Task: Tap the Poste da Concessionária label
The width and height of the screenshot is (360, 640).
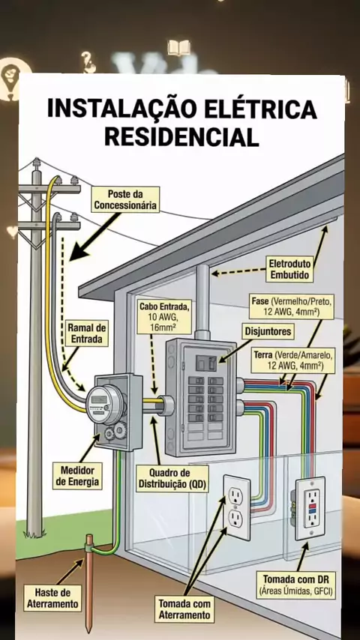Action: [125, 199]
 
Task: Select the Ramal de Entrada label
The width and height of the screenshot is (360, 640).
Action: [87, 333]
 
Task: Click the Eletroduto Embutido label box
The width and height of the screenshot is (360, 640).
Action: [290, 268]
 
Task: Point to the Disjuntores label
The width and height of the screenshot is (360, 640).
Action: [268, 331]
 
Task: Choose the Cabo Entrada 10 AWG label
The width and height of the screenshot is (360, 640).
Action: [165, 316]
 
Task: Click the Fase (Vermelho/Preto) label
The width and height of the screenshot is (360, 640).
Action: [292, 306]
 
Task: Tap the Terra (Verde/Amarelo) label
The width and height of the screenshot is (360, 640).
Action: [293, 360]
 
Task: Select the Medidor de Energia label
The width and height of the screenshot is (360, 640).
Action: [78, 476]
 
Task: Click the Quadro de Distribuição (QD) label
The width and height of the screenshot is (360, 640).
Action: [172, 479]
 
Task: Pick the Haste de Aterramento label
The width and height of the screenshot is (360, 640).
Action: [52, 597]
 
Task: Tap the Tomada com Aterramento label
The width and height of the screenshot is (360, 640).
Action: [185, 609]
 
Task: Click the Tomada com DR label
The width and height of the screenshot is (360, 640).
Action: [295, 584]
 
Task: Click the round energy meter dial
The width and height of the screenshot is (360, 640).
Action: [103, 403]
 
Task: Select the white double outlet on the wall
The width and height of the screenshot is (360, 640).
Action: [236, 507]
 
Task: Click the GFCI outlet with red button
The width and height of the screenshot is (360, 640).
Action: [310, 508]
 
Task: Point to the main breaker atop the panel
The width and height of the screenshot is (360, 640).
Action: [205, 363]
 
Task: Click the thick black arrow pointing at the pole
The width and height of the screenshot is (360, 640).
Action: [94, 236]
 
